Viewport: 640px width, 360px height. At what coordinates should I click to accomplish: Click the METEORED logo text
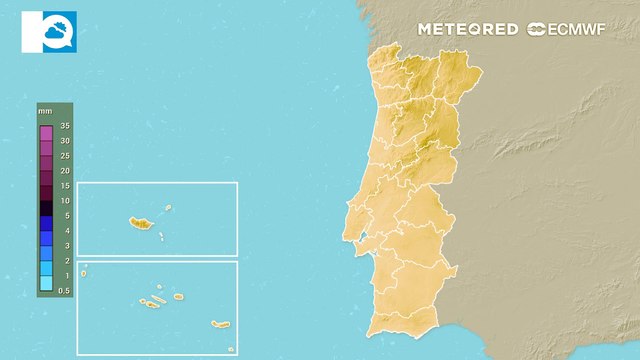468,29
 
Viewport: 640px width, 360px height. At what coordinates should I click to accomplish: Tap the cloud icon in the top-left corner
48,32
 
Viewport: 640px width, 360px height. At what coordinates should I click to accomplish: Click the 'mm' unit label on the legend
45,111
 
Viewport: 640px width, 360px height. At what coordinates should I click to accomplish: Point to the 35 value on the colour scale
65,126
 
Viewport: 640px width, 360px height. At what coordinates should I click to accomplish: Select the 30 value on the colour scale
65,141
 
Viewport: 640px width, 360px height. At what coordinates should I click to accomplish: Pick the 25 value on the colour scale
65,156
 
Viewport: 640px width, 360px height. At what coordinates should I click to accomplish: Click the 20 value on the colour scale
65,171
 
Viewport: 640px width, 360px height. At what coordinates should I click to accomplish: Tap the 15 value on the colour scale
65,186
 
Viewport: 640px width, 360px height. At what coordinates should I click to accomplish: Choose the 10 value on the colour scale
65,201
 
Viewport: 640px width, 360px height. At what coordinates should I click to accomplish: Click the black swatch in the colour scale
46,208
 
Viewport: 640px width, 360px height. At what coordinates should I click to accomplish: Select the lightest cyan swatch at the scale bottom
46,284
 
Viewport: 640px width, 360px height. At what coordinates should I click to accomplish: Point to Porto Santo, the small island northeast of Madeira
169,209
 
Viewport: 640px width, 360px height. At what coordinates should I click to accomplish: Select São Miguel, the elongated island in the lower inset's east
220,324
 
